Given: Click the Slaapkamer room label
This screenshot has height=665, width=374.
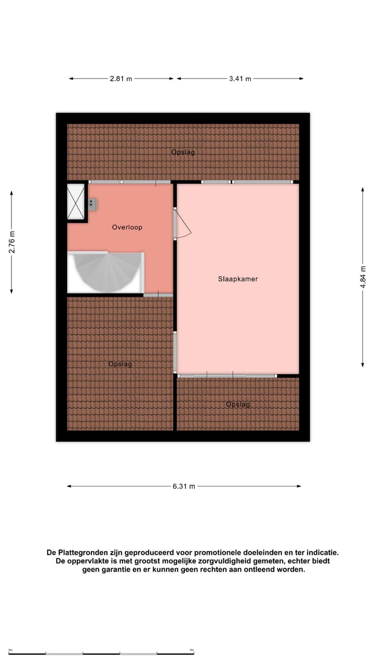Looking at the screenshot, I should pos(237,279).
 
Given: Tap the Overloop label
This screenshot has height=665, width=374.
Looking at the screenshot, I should pos(127,227).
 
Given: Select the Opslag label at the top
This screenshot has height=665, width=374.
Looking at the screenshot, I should pos(183,152).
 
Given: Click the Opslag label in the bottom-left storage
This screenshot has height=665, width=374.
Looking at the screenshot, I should pos(120,364).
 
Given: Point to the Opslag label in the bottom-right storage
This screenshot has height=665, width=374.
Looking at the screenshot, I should pos(238,404).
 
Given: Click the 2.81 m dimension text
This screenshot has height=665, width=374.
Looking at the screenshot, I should pos(121,79).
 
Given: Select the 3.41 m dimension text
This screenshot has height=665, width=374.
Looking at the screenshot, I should pos(240,79).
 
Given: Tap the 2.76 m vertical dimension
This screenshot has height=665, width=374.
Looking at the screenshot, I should pos(11,242).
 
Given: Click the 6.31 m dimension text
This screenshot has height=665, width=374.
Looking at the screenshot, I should pos(184,487).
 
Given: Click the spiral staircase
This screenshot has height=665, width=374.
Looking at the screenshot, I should pos(106,272).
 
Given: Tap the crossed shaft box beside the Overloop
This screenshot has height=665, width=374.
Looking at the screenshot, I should pos(77,202).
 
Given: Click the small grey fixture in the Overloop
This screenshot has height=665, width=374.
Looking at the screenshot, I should pos(92,204).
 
